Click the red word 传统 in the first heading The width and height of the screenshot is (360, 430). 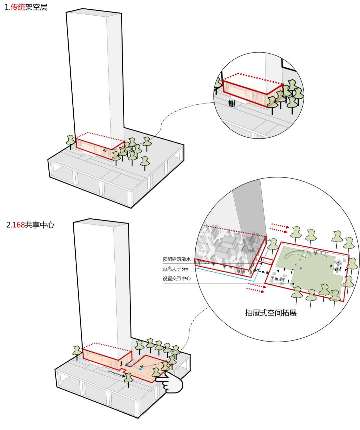point(18,7)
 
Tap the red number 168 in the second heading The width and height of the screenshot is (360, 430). point(19,225)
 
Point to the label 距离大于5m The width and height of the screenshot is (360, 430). point(175,269)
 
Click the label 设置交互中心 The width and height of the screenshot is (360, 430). point(177,278)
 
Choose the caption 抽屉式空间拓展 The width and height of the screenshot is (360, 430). point(271,313)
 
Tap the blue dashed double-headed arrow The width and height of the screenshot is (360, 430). point(134,367)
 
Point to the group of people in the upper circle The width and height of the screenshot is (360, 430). point(232,103)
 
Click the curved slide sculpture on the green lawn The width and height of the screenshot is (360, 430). point(297,255)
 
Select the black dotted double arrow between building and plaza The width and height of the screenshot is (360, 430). point(261,271)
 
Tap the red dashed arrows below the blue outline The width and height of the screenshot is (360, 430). point(256,288)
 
